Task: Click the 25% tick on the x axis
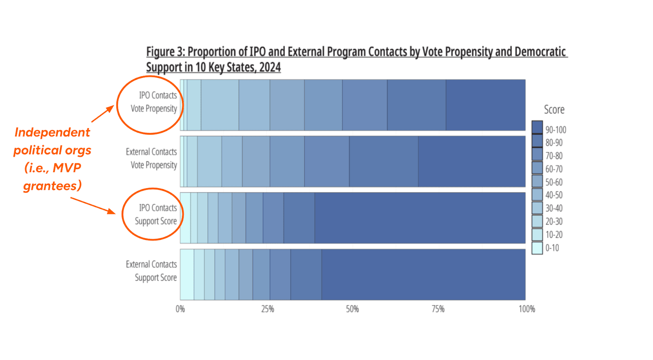pos(268,309)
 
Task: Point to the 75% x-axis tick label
pos(438,309)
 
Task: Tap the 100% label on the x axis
pos(526,309)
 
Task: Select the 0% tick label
pos(180,309)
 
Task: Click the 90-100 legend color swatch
pos(537,127)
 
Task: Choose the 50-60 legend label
pos(554,182)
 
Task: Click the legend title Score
pos(554,109)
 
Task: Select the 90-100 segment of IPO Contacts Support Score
pos(420,218)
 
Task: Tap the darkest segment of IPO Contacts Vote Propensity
pos(485,105)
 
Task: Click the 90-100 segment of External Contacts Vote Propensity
pos(471,162)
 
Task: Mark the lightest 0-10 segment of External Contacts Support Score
pos(187,274)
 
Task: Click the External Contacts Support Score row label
pos(151,271)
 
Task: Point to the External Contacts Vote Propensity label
pos(151,158)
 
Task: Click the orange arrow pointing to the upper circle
pos(102,114)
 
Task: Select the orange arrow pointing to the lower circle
pos(93,205)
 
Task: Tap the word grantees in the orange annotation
pos(52,186)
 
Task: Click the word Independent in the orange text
pos(52,132)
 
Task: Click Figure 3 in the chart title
pos(165,52)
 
